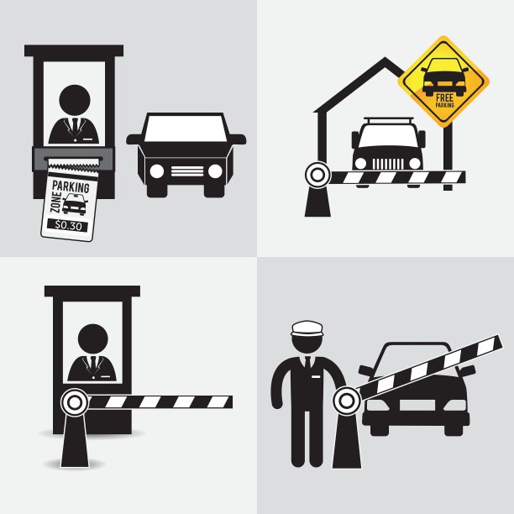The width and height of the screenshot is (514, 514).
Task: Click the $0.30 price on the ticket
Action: click(68, 226)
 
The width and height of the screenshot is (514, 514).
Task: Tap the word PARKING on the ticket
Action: click(71, 186)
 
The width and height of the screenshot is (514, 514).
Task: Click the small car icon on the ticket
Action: click(75, 204)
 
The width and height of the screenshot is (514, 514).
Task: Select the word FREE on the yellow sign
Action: click(445, 97)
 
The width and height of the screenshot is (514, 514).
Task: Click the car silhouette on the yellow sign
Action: click(444, 76)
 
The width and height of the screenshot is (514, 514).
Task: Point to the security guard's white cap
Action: click(307, 328)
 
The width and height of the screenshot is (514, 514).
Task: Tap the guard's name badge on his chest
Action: click(316, 377)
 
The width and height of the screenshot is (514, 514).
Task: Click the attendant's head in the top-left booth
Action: click(75, 100)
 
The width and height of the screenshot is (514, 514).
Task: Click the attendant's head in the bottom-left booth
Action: click(93, 339)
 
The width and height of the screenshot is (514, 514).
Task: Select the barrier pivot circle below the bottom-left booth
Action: click(75, 402)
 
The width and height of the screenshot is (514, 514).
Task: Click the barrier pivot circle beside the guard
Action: click(347, 401)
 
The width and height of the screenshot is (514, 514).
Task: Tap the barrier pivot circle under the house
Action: click(317, 175)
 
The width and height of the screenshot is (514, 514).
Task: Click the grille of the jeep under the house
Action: click(388, 164)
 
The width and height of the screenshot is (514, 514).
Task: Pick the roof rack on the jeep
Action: click(389, 120)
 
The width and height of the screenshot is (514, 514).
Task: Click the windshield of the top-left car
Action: click(186, 128)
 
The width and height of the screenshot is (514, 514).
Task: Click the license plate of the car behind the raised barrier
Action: click(417, 405)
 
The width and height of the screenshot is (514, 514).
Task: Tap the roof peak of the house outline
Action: click(385, 60)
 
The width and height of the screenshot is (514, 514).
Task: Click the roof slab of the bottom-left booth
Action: click(92, 291)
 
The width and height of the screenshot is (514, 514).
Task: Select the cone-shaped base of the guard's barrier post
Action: click(347, 441)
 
